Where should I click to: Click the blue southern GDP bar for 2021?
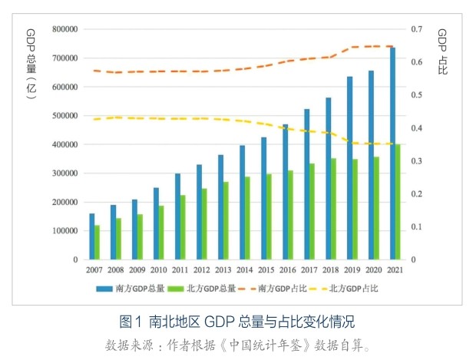(392, 154)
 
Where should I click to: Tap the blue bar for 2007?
(92, 236)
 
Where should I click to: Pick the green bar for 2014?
(248, 218)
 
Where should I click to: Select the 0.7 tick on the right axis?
(417, 29)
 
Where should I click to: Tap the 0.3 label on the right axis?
(417, 161)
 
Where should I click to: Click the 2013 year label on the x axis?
(223, 270)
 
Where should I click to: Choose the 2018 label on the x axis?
(331, 270)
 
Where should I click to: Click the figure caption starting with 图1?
(237, 320)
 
